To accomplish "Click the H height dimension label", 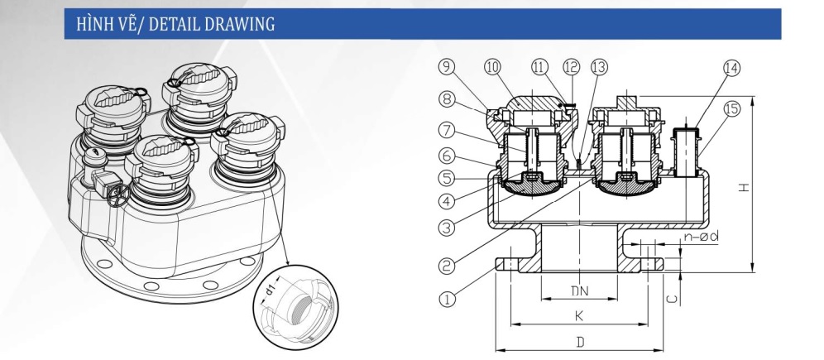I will point(745,187).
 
